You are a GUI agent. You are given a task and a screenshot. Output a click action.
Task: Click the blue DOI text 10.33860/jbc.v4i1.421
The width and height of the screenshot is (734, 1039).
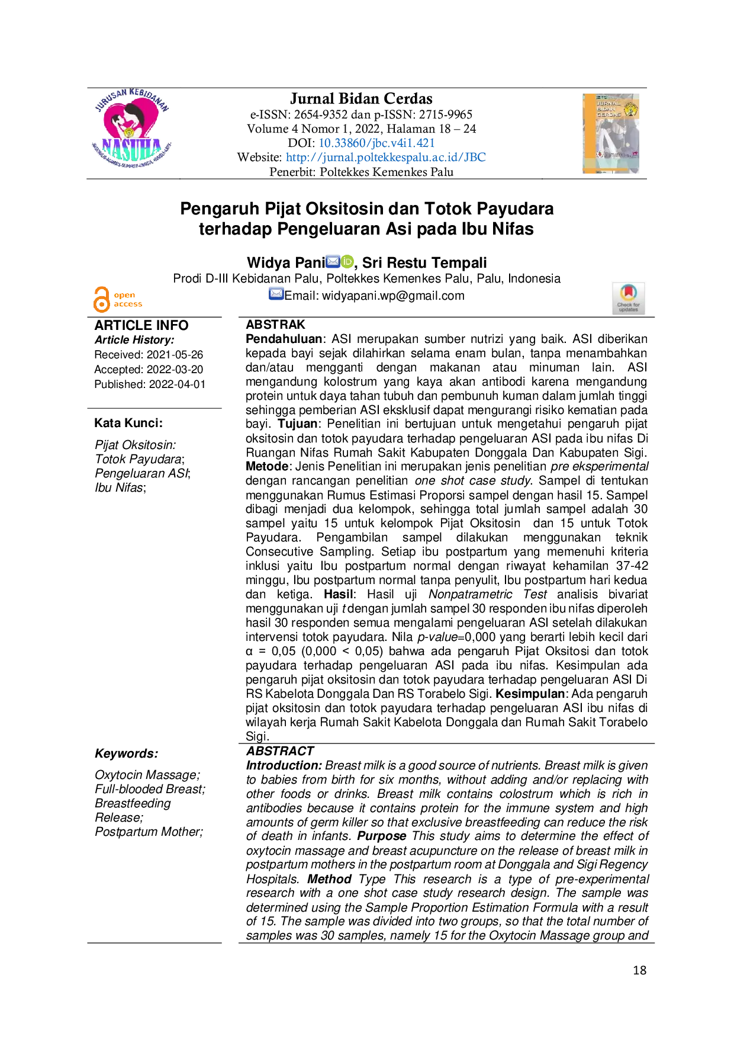(x=378, y=143)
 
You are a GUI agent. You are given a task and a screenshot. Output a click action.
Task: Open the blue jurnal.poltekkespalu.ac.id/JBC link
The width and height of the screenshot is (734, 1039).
(x=386, y=158)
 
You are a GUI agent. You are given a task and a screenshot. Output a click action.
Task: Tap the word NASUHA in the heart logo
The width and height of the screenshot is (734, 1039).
(x=132, y=145)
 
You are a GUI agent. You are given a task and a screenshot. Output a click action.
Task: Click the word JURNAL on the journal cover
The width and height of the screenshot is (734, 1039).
(x=609, y=103)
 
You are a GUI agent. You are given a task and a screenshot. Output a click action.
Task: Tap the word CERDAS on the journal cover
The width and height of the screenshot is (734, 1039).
(x=609, y=114)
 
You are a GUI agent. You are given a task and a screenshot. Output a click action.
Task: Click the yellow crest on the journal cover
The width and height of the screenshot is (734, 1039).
(x=631, y=108)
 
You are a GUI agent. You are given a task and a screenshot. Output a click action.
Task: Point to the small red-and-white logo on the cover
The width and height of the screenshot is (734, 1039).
(x=600, y=155)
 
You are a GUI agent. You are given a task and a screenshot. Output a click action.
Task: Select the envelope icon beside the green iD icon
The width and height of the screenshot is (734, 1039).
(x=333, y=261)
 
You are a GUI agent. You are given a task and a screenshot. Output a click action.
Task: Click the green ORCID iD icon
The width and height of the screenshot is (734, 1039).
(x=348, y=261)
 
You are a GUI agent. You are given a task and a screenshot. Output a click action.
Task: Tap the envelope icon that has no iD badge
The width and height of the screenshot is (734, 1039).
(x=275, y=293)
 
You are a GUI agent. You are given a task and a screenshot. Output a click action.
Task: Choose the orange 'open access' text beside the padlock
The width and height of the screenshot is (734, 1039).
(x=127, y=299)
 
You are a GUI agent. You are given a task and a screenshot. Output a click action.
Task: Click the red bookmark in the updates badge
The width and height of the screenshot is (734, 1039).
(x=629, y=292)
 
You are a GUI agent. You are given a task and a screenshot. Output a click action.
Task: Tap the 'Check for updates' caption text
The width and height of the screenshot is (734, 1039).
(x=629, y=307)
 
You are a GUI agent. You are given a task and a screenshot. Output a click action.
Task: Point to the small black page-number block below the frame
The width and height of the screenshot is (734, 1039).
(x=639, y=969)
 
